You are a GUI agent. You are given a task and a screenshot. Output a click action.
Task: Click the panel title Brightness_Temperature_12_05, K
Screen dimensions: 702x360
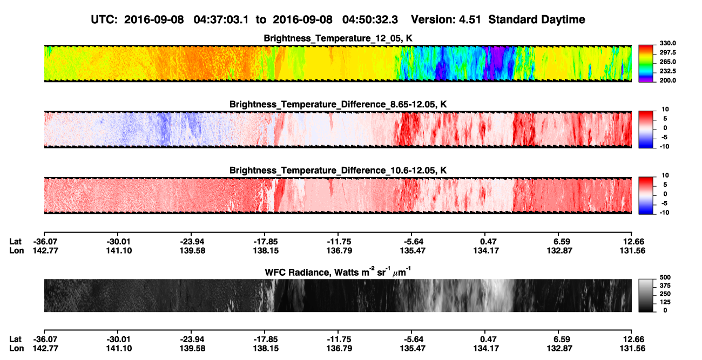[x=338, y=38]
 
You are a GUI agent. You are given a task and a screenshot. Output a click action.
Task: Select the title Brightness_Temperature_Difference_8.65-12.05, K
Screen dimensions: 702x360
[x=338, y=104]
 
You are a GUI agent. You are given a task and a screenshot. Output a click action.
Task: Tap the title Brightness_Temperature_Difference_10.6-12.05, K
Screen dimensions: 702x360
[x=338, y=171]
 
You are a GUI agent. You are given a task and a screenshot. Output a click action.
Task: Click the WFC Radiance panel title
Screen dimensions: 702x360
[x=338, y=272]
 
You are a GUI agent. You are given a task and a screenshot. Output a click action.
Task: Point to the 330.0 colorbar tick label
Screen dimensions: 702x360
[x=667, y=43]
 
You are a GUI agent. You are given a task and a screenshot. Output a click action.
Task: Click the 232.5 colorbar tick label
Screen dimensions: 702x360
[x=667, y=71]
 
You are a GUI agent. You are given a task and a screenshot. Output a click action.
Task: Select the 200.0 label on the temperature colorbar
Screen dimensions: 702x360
[x=667, y=80]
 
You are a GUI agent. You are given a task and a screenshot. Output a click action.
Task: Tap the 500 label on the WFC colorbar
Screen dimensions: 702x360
[x=665, y=277]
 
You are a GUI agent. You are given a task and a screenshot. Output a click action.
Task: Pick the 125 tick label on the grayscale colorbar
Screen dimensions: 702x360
[x=665, y=302]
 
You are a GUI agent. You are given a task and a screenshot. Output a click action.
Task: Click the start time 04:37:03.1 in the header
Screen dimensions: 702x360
[x=221, y=20]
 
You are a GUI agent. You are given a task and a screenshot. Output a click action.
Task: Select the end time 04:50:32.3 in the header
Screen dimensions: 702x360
[x=370, y=20]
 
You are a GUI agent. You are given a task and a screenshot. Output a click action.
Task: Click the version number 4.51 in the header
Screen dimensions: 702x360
[x=470, y=20]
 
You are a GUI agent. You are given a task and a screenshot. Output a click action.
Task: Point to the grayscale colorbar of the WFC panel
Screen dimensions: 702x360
[x=646, y=295]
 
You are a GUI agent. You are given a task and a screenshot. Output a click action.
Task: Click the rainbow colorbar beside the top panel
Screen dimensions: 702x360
[x=646, y=64]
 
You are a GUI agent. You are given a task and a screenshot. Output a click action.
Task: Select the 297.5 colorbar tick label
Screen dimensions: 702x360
[x=667, y=53]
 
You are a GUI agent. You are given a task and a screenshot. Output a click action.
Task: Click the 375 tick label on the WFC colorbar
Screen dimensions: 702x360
[x=665, y=286]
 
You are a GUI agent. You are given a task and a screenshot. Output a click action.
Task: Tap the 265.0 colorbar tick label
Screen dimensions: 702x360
[x=667, y=62]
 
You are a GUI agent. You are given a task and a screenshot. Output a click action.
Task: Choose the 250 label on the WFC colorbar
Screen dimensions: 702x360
[x=665, y=294]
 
